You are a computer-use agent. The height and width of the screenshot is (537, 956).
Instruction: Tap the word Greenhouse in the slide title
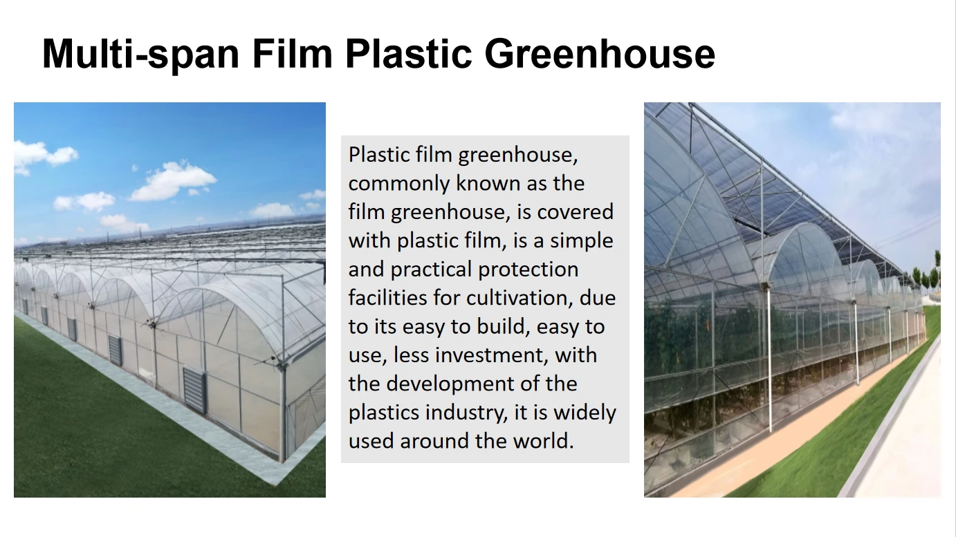[x=599, y=54]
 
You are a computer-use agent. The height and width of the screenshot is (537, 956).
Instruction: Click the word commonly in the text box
[x=398, y=184]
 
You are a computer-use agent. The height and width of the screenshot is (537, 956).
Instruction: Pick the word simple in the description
[x=578, y=241]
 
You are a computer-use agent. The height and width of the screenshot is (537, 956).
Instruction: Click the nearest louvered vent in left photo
[x=194, y=389]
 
